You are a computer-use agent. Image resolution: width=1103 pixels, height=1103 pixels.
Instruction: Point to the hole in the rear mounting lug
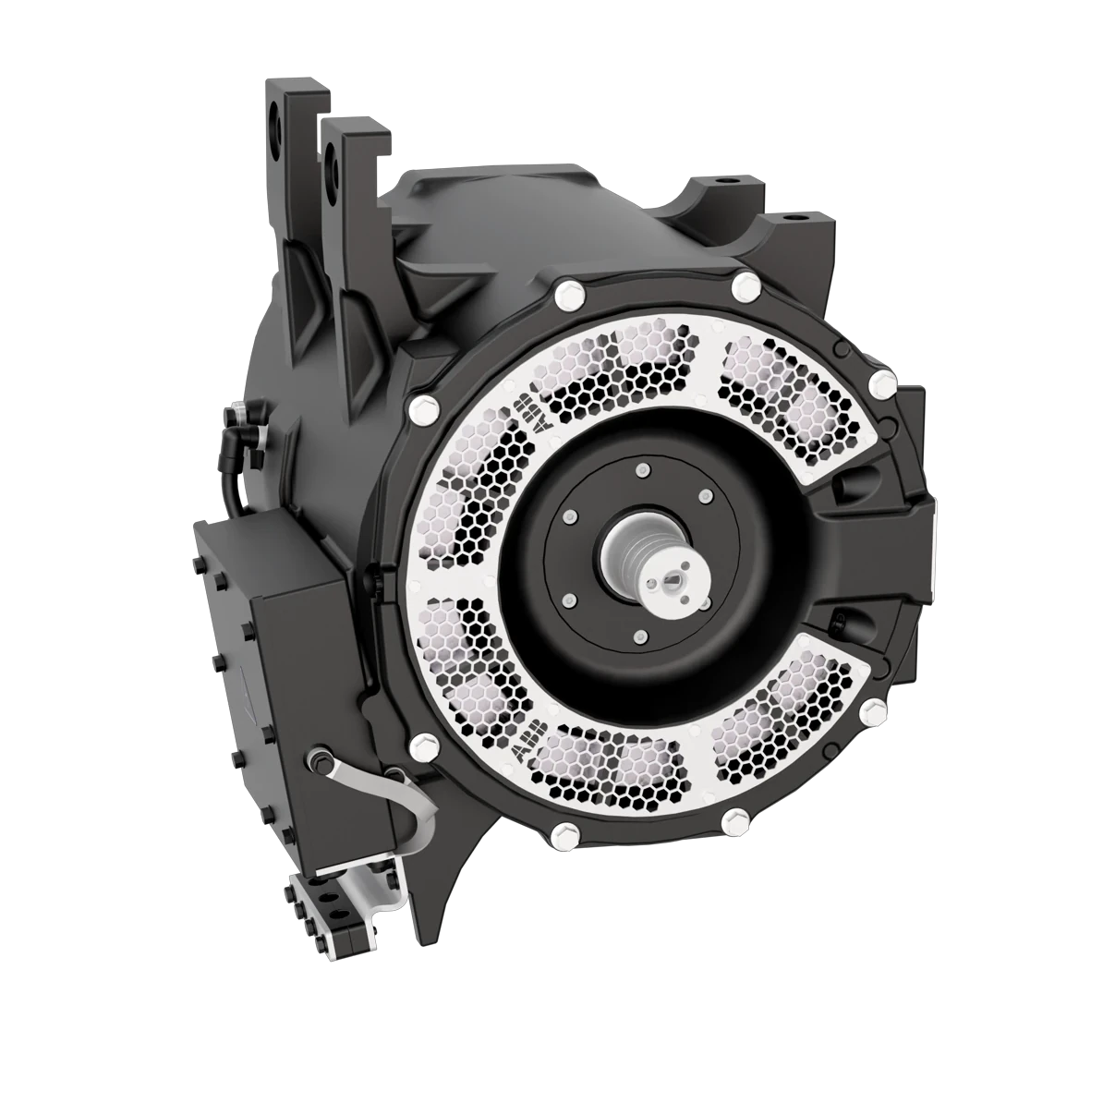click(x=273, y=122)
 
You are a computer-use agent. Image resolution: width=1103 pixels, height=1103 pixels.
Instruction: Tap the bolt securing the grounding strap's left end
click(x=318, y=759)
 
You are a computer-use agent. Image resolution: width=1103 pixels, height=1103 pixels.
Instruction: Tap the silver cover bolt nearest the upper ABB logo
click(x=427, y=405)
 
